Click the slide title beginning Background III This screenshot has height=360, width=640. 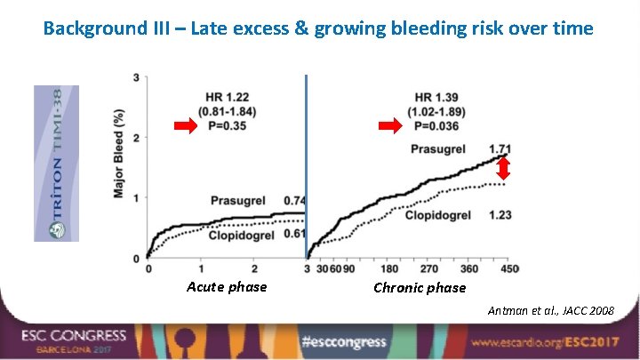pos(318,28)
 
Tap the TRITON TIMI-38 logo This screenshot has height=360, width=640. pos(56,163)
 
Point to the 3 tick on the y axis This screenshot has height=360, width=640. pos(137,78)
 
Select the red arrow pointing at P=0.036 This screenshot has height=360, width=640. pos(390,127)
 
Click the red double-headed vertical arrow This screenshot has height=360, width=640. pos(502,168)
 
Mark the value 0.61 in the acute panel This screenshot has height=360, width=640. pos(294,234)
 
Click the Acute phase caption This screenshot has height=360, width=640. pos(227,286)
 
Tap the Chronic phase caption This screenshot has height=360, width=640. pos(420,287)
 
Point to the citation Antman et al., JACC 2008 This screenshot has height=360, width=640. pos(551,310)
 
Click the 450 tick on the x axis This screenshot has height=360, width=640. pos(509,268)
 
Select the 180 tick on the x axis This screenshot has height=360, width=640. pos(388,268)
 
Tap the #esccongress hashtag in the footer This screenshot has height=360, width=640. pos(344,341)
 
